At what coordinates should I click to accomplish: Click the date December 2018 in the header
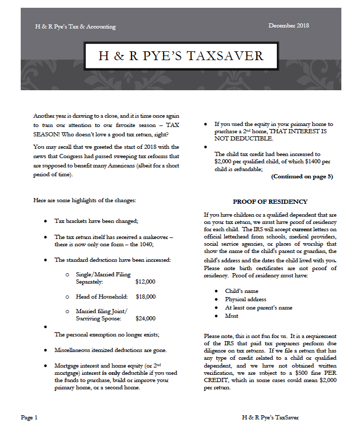[289, 26]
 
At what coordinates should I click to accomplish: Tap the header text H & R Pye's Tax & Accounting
[75, 26]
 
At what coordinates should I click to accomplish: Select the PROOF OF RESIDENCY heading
[270, 202]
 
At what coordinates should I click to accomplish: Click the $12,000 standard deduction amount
[145, 282]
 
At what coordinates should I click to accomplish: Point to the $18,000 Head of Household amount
[145, 297]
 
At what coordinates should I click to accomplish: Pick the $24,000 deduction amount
[145, 318]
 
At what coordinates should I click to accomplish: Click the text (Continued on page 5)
[302, 176]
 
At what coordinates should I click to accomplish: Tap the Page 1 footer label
[29, 417]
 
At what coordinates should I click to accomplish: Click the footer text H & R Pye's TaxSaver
[270, 417]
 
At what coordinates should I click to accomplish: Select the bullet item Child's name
[241, 291]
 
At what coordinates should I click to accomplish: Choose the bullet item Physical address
[246, 299]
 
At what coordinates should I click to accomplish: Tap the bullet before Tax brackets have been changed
[46, 221]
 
